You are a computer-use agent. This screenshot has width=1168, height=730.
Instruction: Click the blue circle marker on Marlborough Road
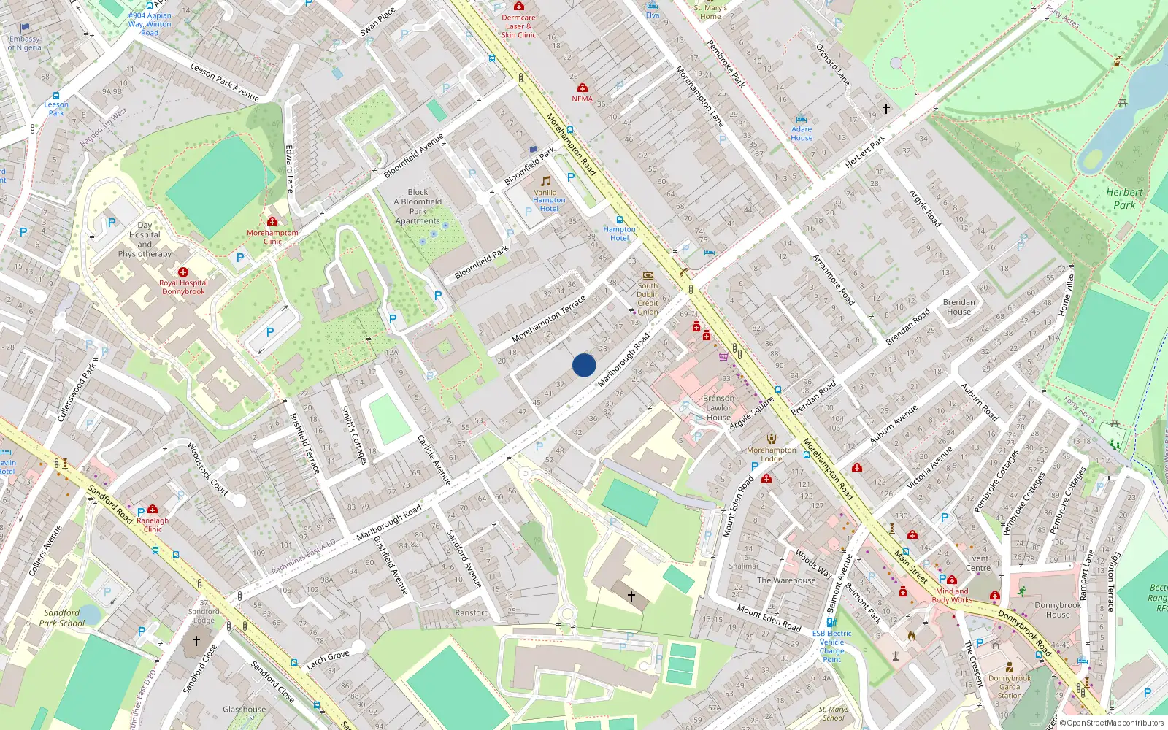click(x=584, y=365)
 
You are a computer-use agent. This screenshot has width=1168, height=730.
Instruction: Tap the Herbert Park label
click(x=1124, y=199)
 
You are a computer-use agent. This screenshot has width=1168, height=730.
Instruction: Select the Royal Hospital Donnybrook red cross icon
click(x=183, y=272)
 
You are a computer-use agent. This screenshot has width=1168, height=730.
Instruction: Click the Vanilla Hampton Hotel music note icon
click(x=545, y=180)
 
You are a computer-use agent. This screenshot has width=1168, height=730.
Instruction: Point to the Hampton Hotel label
click(x=619, y=234)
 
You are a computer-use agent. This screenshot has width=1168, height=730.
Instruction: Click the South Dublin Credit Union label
click(x=648, y=299)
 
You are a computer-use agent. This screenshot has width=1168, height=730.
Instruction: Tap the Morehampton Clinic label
click(x=272, y=237)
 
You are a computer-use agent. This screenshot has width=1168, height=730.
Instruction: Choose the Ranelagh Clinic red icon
click(x=153, y=509)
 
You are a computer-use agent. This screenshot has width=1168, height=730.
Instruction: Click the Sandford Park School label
click(x=62, y=618)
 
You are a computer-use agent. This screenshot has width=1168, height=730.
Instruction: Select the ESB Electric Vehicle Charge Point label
click(x=831, y=646)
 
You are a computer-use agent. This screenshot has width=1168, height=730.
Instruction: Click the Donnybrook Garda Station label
click(x=1010, y=687)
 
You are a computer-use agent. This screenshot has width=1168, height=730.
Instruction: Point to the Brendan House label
click(x=958, y=307)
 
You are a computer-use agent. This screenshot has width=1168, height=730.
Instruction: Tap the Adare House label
click(x=802, y=134)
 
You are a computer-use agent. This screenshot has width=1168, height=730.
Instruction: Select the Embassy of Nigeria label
click(x=25, y=43)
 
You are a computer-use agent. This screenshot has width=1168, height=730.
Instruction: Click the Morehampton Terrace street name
click(x=549, y=319)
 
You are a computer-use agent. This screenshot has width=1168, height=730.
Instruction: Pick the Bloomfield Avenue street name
click(x=414, y=155)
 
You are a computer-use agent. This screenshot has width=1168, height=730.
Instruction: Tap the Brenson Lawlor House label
click(x=718, y=408)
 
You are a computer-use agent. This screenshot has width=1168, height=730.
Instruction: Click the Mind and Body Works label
click(x=952, y=596)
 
